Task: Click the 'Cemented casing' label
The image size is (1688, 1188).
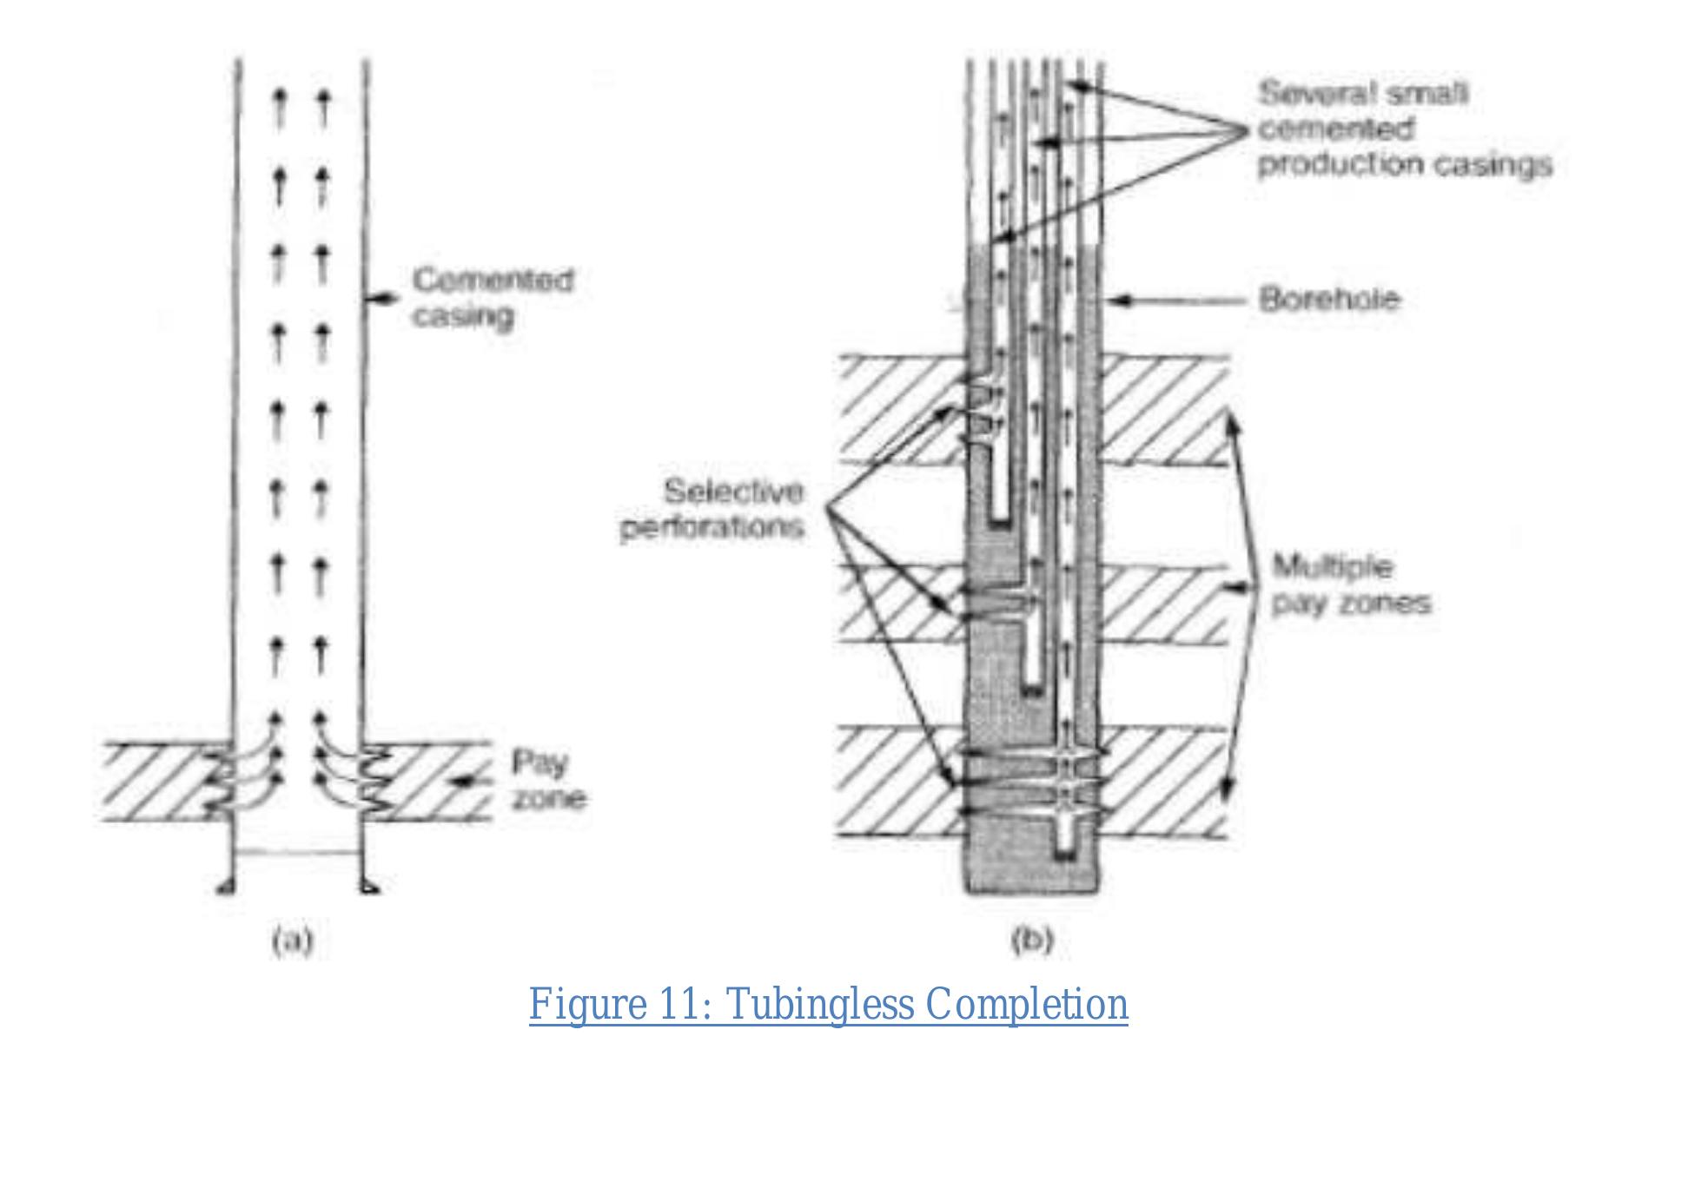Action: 493,298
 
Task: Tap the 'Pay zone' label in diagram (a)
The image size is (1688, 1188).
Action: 547,781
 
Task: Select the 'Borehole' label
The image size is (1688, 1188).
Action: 1329,300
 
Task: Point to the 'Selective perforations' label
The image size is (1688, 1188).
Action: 712,510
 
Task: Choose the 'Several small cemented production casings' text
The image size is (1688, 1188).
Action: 1403,129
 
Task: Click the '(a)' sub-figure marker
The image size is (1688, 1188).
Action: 292,941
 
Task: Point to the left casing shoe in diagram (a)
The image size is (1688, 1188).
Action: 224,887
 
